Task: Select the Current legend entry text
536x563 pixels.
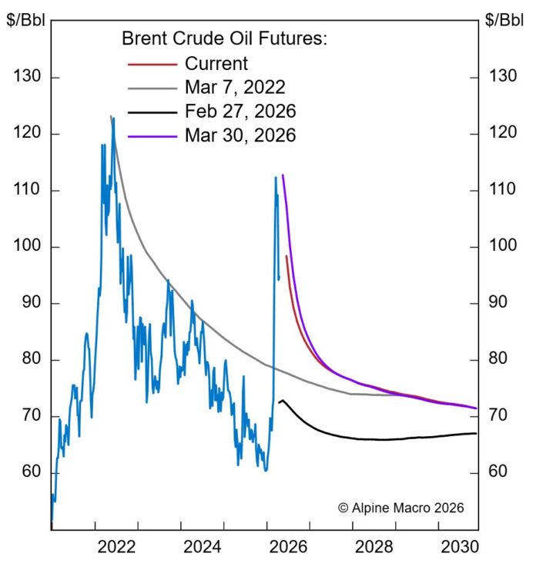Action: (216, 64)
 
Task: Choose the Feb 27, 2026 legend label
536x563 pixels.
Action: (240, 112)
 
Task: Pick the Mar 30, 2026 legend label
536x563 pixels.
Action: (240, 135)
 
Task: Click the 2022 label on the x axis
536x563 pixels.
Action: (117, 547)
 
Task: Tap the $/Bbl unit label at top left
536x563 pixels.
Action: (25, 19)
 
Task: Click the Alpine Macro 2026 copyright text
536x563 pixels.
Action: (401, 508)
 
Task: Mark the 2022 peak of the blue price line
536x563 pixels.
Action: (113, 118)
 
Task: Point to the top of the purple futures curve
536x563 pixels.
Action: (283, 175)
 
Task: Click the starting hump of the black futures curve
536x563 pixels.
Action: (283, 400)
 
